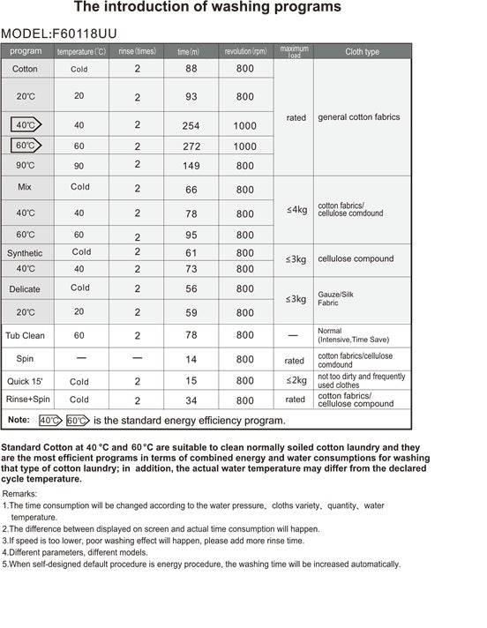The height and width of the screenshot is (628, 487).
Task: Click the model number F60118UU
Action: click(85, 34)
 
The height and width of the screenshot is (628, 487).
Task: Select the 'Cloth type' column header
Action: click(362, 52)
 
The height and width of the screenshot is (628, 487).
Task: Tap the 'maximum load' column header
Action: click(295, 51)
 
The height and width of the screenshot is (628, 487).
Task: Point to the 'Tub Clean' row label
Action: click(26, 336)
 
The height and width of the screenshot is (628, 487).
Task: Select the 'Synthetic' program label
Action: click(25, 253)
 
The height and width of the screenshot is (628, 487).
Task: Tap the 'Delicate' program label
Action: click(25, 289)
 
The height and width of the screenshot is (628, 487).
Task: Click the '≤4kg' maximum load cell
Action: click(296, 210)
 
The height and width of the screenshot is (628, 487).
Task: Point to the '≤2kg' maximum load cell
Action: click(296, 381)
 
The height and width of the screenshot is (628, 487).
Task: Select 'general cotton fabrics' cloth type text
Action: click(358, 117)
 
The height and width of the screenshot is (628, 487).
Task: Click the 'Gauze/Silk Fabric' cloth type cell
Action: click(335, 298)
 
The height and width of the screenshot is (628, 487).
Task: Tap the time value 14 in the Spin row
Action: click(191, 360)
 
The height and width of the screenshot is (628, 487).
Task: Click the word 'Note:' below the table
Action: click(19, 420)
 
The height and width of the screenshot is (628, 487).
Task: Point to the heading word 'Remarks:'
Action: click(21, 494)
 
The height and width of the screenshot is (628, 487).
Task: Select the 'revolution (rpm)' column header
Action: click(245, 52)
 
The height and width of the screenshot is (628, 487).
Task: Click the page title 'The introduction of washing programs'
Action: click(207, 8)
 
